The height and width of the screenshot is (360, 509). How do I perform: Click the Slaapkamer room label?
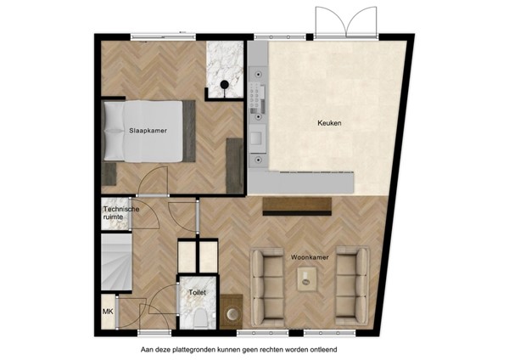[148, 131]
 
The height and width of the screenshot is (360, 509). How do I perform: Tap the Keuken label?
[329, 123]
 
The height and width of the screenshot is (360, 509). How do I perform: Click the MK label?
[108, 311]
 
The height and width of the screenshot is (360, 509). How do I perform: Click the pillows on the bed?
[112, 131]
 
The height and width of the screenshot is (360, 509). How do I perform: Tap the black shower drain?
[224, 84]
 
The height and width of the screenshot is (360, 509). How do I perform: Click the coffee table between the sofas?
[305, 278]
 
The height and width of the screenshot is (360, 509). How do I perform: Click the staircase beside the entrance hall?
[115, 262]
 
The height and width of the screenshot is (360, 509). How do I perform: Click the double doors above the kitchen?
[346, 21]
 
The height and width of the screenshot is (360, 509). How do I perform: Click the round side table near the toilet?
[232, 314]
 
